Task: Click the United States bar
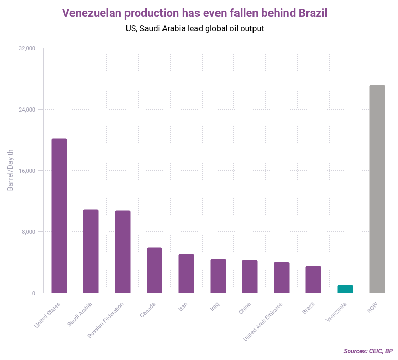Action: pyautogui.click(x=59, y=215)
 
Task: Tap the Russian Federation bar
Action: pyautogui.click(x=122, y=251)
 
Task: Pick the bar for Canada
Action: pyautogui.click(x=154, y=270)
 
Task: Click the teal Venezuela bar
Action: pyautogui.click(x=345, y=289)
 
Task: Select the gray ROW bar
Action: pyautogui.click(x=377, y=189)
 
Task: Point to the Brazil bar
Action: pyautogui.click(x=313, y=279)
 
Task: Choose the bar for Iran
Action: pyautogui.click(x=186, y=273)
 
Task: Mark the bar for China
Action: pyautogui.click(x=249, y=276)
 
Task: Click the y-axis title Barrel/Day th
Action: pyautogui.click(x=10, y=171)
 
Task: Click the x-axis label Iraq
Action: pyautogui.click(x=215, y=307)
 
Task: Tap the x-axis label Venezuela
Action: pyautogui.click(x=336, y=312)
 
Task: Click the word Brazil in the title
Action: pyautogui.click(x=313, y=13)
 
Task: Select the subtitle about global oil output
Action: pyautogui.click(x=194, y=29)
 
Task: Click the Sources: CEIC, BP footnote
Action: pyautogui.click(x=368, y=351)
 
